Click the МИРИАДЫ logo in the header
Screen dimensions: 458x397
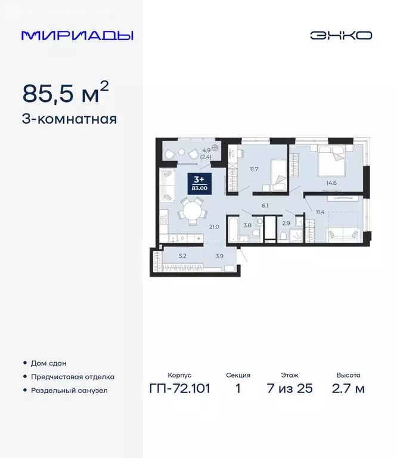(x=77, y=35)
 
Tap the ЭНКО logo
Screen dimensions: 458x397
(x=340, y=35)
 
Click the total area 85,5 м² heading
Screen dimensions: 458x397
(x=66, y=93)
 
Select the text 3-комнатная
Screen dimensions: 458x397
(x=69, y=119)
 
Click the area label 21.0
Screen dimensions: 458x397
(x=215, y=227)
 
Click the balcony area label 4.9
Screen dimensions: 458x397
(x=206, y=150)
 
